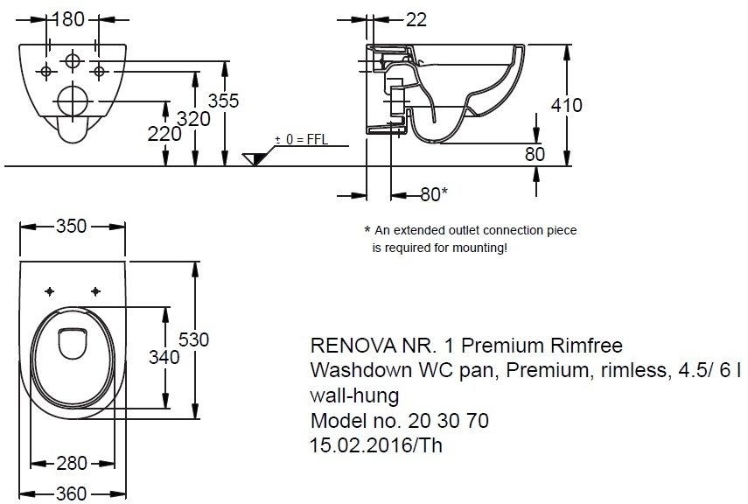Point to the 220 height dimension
164,133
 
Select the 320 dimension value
194,119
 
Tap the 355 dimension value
224,101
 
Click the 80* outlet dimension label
434,194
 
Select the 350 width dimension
71,226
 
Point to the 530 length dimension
193,339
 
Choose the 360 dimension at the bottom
72,493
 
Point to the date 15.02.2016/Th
376,445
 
